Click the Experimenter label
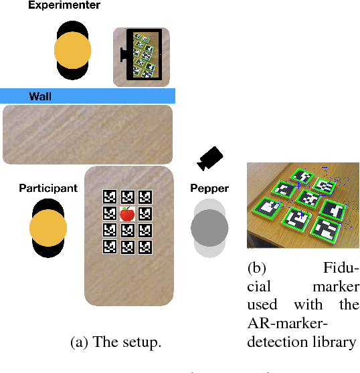(64, 6)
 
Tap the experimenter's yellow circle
(72, 49)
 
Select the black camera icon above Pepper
(210, 158)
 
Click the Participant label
(48, 188)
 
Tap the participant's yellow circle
(48, 229)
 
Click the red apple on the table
(126, 214)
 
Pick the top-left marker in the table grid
(110, 197)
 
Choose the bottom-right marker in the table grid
(144, 247)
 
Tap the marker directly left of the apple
(110, 214)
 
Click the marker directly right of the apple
(144, 214)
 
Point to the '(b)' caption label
(257, 268)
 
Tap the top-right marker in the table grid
(144, 197)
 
